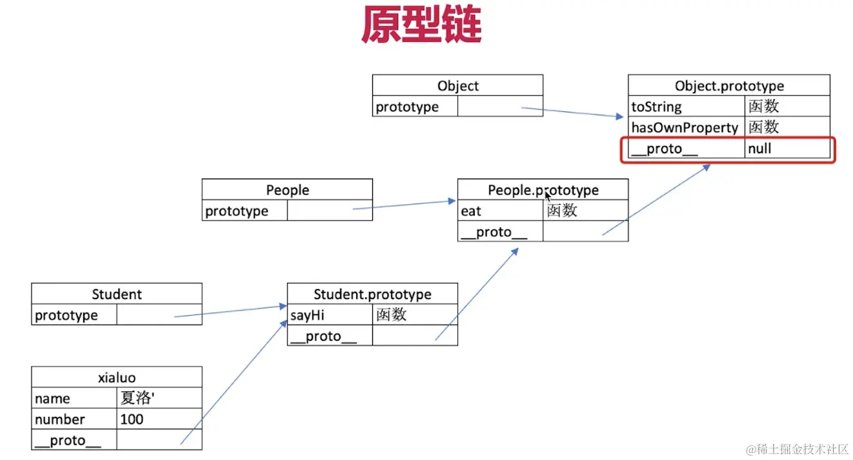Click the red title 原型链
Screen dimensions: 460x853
coord(421,25)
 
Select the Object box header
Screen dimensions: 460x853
coord(457,86)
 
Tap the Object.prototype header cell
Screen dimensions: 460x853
coord(729,86)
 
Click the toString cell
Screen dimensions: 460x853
coord(687,107)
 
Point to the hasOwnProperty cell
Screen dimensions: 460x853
coord(687,128)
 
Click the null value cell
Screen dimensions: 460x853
coord(787,149)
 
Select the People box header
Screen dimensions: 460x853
coord(287,190)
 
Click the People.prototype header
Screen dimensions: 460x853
coord(543,190)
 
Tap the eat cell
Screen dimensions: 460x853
coord(500,211)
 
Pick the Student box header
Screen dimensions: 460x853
coord(116,294)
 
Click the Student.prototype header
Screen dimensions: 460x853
coord(372,294)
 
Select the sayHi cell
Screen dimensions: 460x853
coord(330,315)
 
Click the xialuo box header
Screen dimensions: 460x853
coord(116,378)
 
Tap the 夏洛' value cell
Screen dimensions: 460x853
coord(159,398)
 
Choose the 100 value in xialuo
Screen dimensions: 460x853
coord(159,419)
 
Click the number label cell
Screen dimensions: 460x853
coord(74,419)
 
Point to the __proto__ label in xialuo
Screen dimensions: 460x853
coord(74,441)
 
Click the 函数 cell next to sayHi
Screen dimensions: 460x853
coord(414,315)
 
